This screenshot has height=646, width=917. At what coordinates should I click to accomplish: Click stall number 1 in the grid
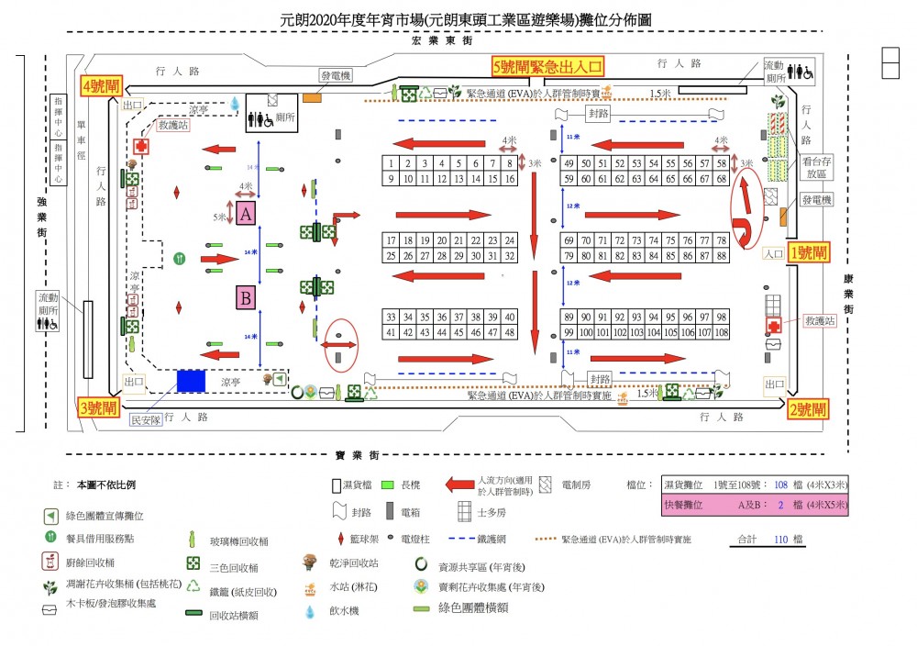pos(392,163)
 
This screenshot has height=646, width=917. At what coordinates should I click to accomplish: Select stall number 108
pos(722,331)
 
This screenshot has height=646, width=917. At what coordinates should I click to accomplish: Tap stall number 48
pos(511,331)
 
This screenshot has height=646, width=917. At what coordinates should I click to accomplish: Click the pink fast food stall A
pos(246,214)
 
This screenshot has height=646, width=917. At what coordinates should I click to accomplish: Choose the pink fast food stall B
pos(246,298)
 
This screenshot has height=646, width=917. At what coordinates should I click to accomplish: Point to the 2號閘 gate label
pos(808,409)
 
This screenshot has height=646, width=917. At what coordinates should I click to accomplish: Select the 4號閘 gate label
pos(102,86)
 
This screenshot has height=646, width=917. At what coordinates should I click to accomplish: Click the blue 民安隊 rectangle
pos(191,380)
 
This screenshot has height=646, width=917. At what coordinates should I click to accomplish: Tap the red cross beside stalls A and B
pos(141,147)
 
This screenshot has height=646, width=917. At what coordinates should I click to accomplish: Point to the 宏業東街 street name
pos(442,41)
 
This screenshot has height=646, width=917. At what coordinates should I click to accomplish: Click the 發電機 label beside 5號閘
pos(336,76)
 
